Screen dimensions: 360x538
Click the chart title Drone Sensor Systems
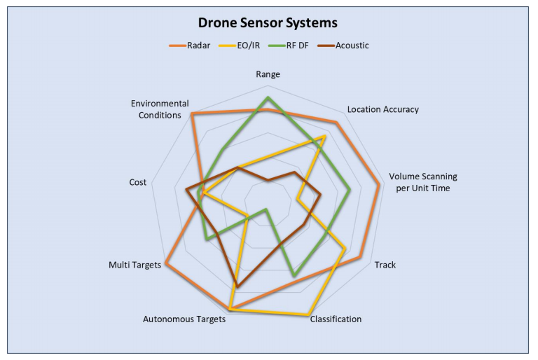[268, 22]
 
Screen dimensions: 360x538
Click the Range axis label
[268, 74]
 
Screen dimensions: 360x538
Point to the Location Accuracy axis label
[382, 109]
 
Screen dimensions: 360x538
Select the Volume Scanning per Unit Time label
[422, 182]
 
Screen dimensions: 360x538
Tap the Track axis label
[385, 265]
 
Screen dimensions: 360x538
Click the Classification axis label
[336, 319]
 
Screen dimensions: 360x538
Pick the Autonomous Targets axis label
[184, 319]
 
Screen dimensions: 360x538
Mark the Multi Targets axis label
[134, 265]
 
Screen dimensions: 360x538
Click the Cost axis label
[138, 182]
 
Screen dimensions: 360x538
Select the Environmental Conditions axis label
[159, 109]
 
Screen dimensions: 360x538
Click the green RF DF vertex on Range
[267, 97]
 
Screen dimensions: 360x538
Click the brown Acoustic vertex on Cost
[186, 190]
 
